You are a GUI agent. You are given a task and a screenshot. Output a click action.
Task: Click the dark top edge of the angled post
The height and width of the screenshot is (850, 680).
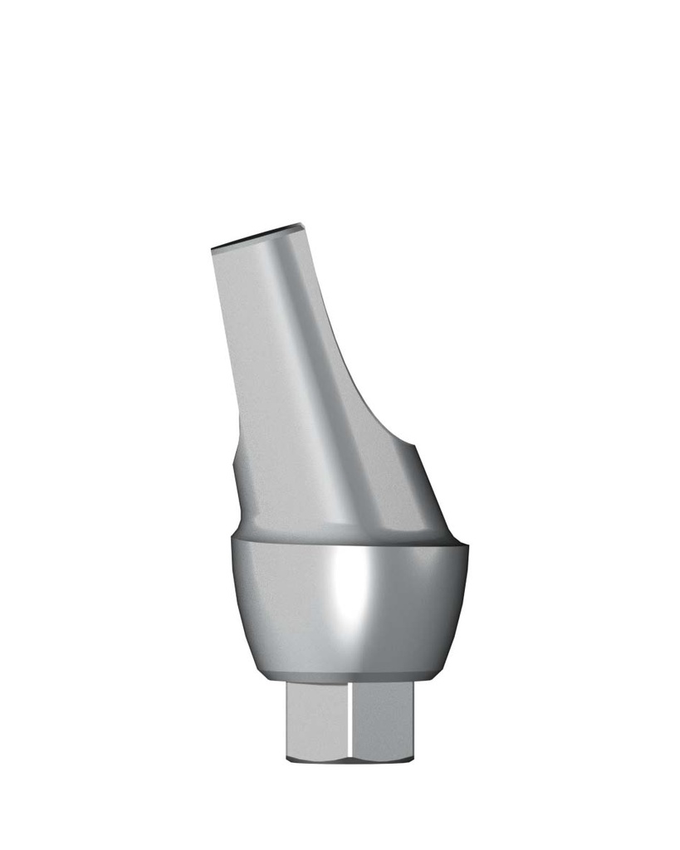[257, 236]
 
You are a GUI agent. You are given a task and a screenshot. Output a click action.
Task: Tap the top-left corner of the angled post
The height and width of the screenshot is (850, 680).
[213, 248]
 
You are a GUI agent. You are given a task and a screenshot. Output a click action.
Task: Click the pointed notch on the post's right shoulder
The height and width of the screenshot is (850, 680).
[413, 445]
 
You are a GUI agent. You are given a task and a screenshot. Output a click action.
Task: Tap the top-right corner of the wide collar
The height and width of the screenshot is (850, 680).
[468, 546]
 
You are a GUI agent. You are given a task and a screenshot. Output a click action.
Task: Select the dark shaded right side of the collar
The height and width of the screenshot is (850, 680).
[432, 606]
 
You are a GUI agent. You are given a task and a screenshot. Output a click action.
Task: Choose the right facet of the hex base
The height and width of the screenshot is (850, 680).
[381, 718]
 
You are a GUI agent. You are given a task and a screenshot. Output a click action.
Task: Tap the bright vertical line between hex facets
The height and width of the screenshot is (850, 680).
[350, 718]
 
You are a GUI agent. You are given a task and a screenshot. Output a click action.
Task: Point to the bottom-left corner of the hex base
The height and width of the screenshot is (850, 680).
[287, 759]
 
